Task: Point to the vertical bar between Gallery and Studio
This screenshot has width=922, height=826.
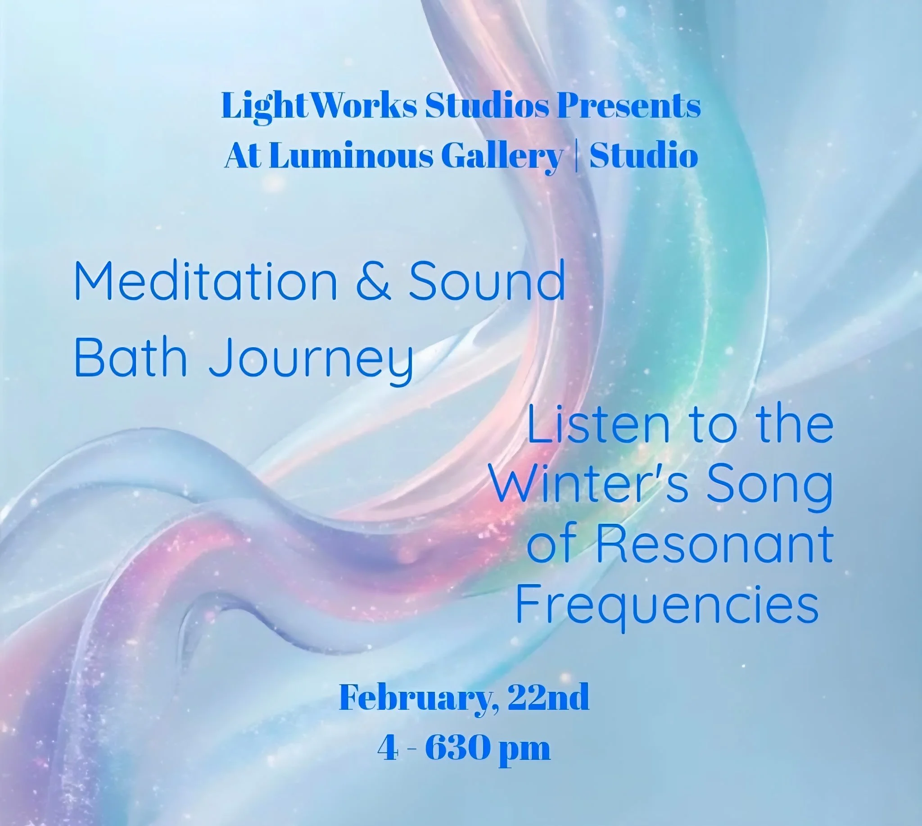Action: click(576, 156)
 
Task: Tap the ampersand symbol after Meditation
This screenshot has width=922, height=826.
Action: click(373, 281)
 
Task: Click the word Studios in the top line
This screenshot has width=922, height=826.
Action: click(487, 106)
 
